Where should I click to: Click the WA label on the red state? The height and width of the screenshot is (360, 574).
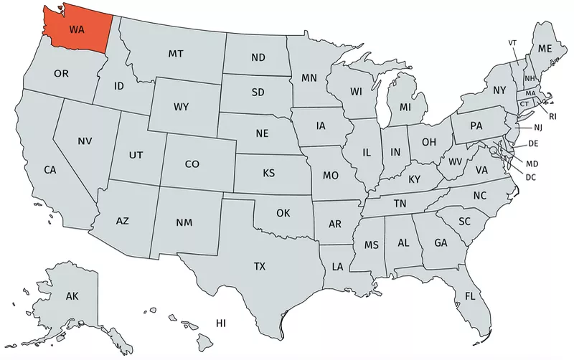coord(76,30)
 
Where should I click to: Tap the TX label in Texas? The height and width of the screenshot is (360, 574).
coord(260,266)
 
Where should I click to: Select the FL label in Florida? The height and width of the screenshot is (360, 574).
coord(470,296)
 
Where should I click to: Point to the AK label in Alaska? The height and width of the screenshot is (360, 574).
coord(72,296)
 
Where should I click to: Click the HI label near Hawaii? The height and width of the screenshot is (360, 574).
coord(222,323)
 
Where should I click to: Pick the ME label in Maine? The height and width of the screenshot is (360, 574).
coord(545,49)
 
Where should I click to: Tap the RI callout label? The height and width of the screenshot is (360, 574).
coord(553,115)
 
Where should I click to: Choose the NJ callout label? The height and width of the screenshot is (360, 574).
coord(539,128)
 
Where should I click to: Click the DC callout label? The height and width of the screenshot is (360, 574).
coord(531,177)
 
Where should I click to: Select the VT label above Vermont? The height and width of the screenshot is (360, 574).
coord(512,43)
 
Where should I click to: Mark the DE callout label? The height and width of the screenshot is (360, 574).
coord(533,144)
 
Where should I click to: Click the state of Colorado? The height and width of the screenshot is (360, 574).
coord(192,164)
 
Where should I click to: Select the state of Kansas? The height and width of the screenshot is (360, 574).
coord(268,174)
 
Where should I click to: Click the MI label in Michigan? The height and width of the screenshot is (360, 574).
coord(405,108)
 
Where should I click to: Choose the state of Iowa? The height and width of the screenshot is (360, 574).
coord(320,125)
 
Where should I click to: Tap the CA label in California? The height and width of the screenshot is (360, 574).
coord(50,171)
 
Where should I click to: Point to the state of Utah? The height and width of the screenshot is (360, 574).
coord(136,154)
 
